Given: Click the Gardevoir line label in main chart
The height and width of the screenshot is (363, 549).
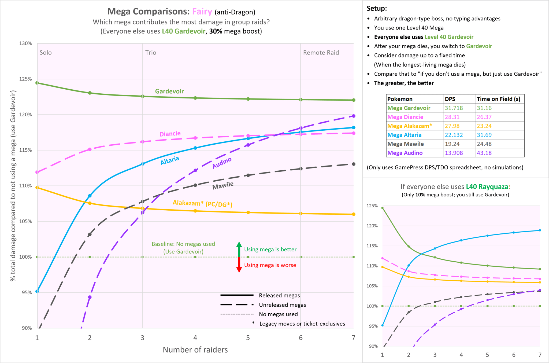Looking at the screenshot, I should (x=169, y=91).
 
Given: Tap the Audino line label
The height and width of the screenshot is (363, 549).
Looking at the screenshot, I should (x=222, y=163).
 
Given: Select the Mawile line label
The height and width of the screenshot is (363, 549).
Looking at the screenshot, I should (x=223, y=185).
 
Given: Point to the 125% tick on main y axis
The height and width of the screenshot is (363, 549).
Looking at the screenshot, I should (x=25, y=79).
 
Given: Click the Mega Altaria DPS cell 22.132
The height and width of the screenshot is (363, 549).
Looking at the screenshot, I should (x=454, y=135).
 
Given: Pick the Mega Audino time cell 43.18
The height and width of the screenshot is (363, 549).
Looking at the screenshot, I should (x=484, y=153).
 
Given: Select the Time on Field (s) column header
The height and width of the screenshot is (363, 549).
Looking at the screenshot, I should (x=498, y=99).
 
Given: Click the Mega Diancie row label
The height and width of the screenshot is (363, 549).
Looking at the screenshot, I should (x=405, y=117).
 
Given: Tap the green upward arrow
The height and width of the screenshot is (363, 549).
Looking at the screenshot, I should (x=239, y=248).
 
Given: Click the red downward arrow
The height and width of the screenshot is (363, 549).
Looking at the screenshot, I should (x=239, y=266).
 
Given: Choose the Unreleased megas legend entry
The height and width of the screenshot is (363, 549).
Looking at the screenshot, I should (x=282, y=305).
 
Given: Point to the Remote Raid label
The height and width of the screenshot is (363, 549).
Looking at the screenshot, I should (x=321, y=53).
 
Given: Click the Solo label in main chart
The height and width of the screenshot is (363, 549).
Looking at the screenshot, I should (x=46, y=53).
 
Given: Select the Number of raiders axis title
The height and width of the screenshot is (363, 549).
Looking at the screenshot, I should (x=195, y=350).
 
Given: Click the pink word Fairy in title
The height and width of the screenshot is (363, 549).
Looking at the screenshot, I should (x=202, y=12).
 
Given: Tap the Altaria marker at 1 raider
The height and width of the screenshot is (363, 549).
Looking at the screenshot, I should (x=37, y=291).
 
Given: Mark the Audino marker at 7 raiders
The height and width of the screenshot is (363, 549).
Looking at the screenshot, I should (x=354, y=116).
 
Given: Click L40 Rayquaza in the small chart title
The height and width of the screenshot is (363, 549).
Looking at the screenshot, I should (x=487, y=187).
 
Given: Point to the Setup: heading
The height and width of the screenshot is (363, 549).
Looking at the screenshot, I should (x=377, y=8).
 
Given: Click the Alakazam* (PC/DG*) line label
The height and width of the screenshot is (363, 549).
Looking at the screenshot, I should (x=202, y=203).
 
